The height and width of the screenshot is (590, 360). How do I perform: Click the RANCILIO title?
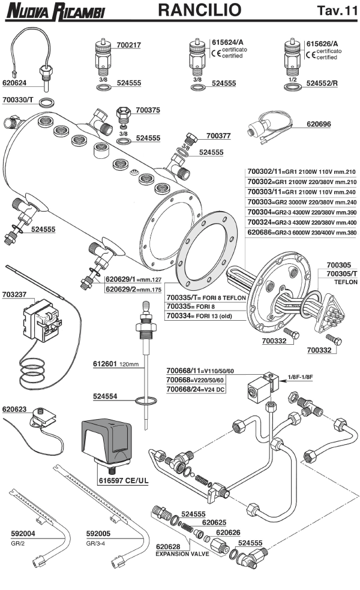click(200, 10)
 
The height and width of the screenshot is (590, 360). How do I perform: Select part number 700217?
click(128, 44)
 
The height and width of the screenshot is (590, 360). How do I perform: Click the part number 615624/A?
click(228, 43)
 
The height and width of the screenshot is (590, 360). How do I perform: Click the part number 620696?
click(319, 125)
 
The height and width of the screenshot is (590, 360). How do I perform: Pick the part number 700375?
click(148, 110)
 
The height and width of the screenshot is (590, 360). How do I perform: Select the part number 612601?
click(105, 364)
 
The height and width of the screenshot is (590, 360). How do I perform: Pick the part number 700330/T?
click(19, 101)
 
